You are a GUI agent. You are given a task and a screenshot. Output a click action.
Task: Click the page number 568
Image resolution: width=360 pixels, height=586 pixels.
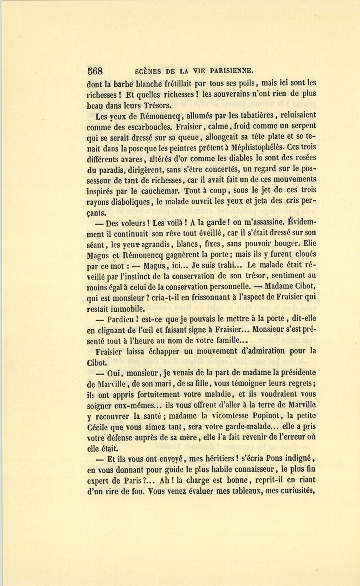click(95, 71)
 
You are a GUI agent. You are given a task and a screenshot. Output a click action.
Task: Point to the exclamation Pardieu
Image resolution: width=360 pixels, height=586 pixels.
click(122, 320)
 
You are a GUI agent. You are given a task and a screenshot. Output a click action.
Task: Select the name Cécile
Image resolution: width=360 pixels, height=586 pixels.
click(98, 427)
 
